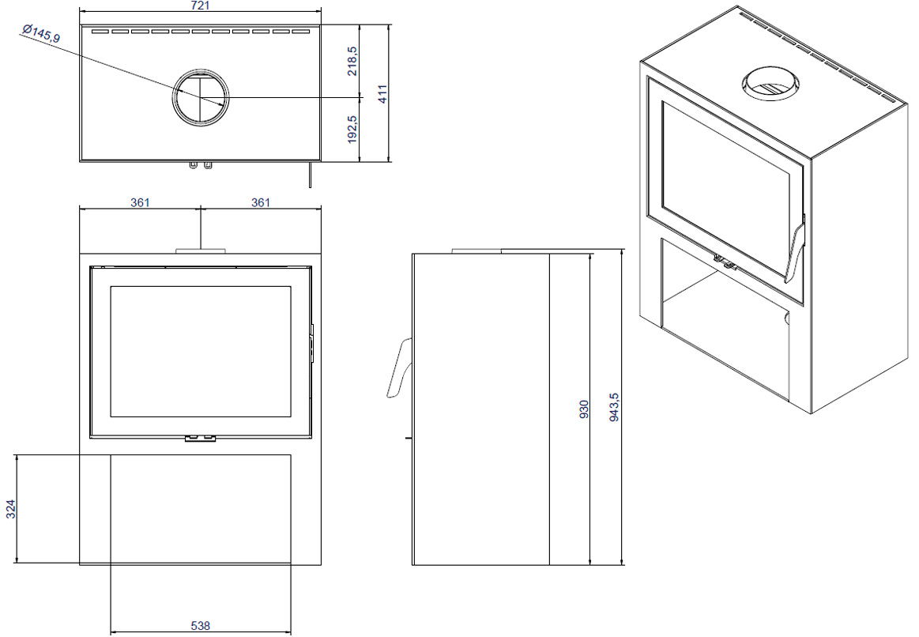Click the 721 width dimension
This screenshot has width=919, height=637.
pyautogui.click(x=201, y=6)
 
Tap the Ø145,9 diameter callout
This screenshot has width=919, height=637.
pyautogui.click(x=41, y=33)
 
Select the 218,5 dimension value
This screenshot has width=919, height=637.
pyautogui.click(x=352, y=61)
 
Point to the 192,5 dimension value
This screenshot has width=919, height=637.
pyautogui.click(x=352, y=128)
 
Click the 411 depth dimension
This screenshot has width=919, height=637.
pyautogui.click(x=382, y=94)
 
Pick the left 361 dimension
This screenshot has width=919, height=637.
pyautogui.click(x=140, y=202)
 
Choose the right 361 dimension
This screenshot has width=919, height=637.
pyautogui.click(x=261, y=202)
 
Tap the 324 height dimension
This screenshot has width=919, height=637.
pyautogui.click(x=10, y=509)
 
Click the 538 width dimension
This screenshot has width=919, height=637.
pyautogui.click(x=201, y=625)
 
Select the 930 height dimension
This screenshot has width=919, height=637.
pyautogui.click(x=584, y=409)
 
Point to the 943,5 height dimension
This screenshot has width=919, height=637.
pyautogui.click(x=614, y=407)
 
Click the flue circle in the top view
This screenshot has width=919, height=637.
pyautogui.click(x=201, y=97)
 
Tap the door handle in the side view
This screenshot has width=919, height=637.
pyautogui.click(x=400, y=367)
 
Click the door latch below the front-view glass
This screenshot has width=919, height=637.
pyautogui.click(x=201, y=438)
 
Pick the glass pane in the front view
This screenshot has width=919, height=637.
pyautogui.click(x=201, y=352)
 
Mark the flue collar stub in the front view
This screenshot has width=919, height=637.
pyautogui.click(x=201, y=251)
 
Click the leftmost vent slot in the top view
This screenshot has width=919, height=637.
pyautogui.click(x=100, y=31)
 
